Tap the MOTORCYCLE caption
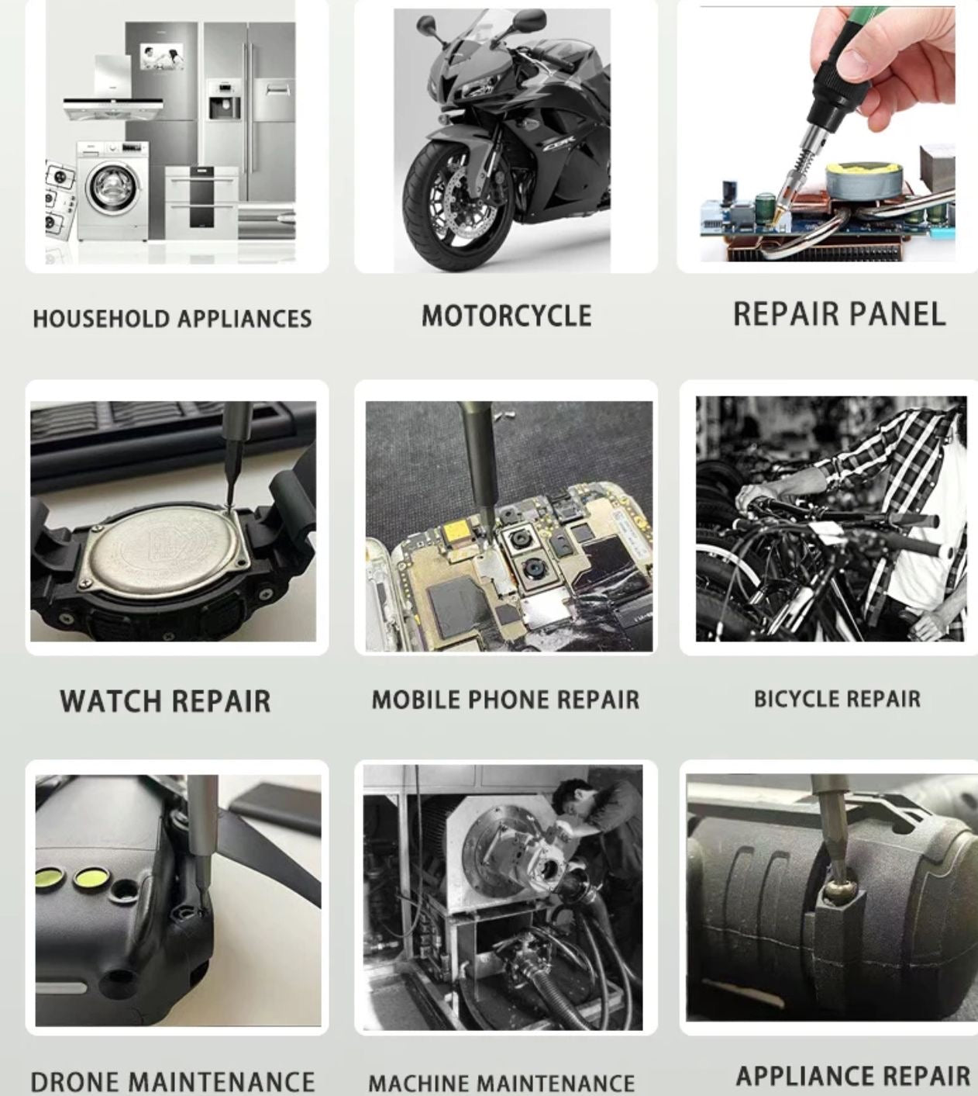click(506, 316)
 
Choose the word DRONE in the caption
click(77, 1081)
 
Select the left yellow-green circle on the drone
click(52, 880)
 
